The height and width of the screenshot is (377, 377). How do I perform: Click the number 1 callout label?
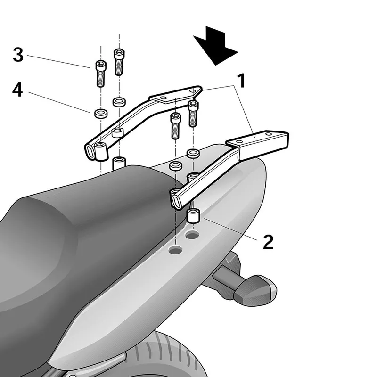point(240,81)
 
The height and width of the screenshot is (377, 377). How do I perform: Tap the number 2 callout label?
point(268,241)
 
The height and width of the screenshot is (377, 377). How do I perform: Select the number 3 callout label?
point(18,55)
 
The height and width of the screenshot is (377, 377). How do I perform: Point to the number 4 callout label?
point(17,90)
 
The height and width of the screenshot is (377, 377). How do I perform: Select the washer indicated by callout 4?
point(100,113)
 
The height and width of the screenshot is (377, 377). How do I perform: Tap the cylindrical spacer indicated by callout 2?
point(194,217)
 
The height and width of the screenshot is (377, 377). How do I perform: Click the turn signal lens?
point(255,289)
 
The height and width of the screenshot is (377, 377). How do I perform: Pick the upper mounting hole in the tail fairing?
point(192,235)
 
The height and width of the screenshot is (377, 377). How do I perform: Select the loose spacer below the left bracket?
point(119,164)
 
